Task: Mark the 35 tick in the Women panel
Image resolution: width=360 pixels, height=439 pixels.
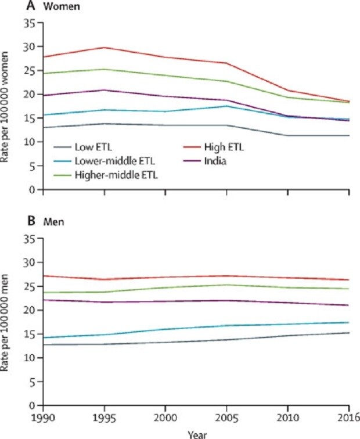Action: [x=35, y=23]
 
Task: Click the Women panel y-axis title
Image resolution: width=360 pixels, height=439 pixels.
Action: [x=7, y=107]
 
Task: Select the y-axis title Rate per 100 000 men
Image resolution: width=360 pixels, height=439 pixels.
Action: [x=7, y=323]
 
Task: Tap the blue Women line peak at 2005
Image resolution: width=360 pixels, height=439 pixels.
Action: [x=227, y=106]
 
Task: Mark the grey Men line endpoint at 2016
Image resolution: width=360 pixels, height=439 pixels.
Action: [x=349, y=333]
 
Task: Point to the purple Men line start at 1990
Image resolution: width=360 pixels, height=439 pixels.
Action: [x=44, y=300]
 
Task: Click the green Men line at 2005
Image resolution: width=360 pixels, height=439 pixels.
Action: [x=227, y=285]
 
